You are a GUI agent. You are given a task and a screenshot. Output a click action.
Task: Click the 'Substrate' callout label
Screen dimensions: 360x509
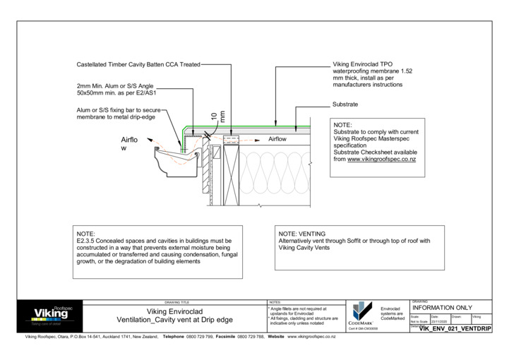[x=344, y=104]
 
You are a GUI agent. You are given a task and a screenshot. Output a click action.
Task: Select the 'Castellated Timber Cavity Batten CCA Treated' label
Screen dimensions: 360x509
[x=138, y=64]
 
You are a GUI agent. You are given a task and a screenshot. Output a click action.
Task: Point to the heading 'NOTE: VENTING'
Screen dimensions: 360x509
[x=302, y=234]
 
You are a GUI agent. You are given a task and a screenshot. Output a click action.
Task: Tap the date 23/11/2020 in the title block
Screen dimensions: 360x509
[x=436, y=321]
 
